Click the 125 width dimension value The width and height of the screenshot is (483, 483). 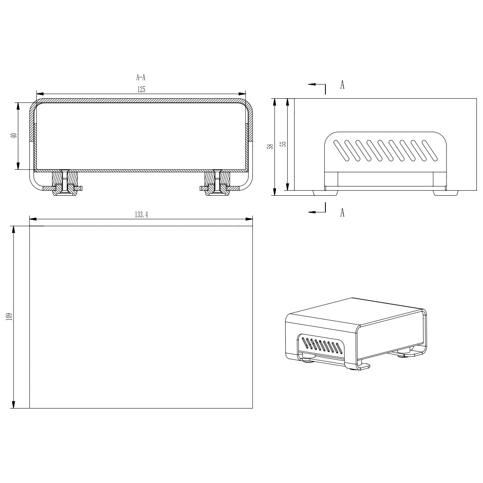point(141,90)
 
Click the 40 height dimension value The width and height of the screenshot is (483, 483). point(14,136)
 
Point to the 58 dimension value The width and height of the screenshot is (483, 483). point(269,147)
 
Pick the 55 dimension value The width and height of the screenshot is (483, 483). point(282,143)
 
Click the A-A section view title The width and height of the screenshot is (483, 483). point(141,77)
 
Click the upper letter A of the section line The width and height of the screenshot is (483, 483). point(342,85)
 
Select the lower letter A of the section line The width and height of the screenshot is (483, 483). point(342,212)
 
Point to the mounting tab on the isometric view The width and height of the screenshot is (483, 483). point(363,366)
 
